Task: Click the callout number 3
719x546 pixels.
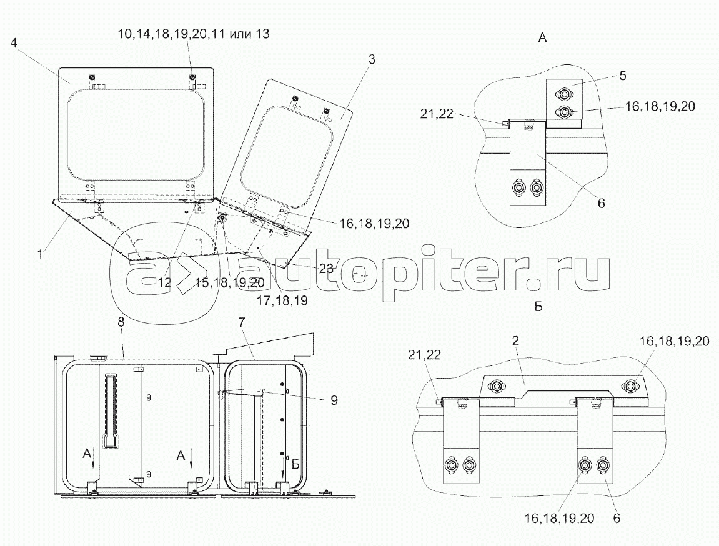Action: [x=372, y=59]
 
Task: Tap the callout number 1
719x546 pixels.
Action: [x=40, y=253]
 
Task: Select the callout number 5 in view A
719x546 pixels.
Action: [x=622, y=75]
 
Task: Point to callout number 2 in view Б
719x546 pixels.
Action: [x=515, y=340]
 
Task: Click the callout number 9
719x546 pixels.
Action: [x=334, y=400]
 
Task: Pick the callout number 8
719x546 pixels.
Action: [x=121, y=322]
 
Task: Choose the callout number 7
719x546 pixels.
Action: [x=242, y=322]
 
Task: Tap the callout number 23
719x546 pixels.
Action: [x=326, y=269]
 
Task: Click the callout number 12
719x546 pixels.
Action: [x=164, y=283]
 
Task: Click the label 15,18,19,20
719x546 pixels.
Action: [x=230, y=283]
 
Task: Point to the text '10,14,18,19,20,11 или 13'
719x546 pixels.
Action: [x=193, y=34]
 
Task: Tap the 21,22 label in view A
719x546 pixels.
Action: [x=437, y=113]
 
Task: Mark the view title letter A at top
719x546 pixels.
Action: [x=542, y=39]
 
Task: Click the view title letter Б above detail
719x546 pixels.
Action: [x=538, y=307]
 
